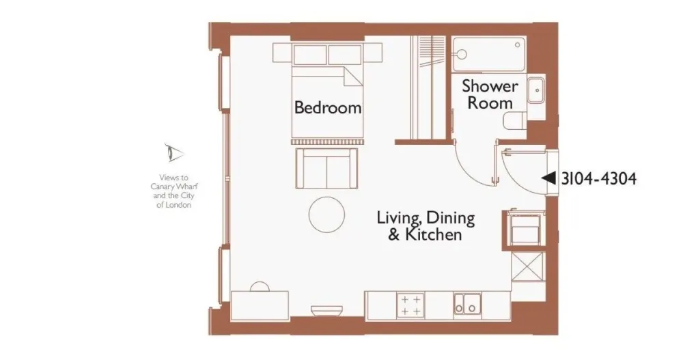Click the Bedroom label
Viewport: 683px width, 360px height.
(328, 107)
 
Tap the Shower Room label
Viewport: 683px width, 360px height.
(490, 94)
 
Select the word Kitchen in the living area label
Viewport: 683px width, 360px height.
(434, 234)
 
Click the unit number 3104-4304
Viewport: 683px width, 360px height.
(598, 179)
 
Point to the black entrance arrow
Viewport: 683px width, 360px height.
(548, 178)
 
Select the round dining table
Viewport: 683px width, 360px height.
(326, 214)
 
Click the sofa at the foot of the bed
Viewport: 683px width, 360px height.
(326, 168)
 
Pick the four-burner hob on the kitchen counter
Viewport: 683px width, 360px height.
(410, 305)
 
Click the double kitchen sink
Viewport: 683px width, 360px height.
(467, 304)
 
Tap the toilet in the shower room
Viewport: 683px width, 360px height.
(514, 121)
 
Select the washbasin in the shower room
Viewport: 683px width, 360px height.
(535, 91)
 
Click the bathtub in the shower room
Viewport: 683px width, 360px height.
(489, 55)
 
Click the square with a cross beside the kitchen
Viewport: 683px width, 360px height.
(528, 266)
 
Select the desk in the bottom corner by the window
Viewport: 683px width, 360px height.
(260, 306)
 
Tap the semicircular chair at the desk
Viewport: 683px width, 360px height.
(260, 287)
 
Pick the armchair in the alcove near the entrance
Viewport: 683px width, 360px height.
(525, 228)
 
